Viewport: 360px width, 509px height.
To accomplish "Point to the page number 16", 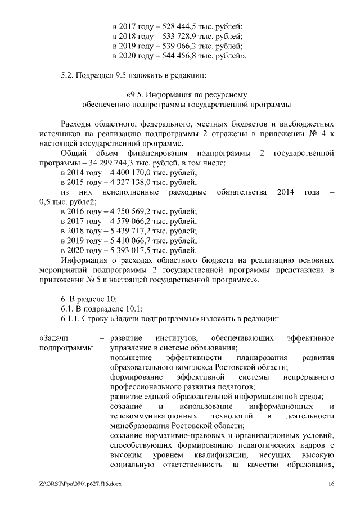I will click(x=331, y=484).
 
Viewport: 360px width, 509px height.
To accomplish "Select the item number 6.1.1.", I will click(x=70, y=318).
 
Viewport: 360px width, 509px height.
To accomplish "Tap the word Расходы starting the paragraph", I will click(x=76, y=123).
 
